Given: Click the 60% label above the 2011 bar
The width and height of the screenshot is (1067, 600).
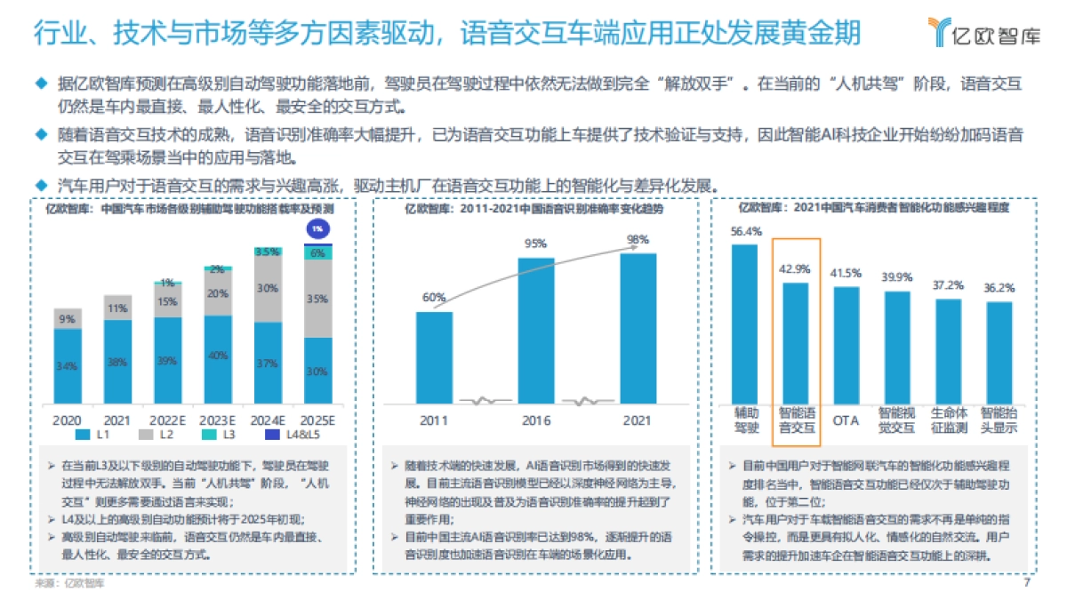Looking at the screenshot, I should (x=434, y=298).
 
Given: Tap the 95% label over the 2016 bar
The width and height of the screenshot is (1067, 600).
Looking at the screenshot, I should (x=536, y=244).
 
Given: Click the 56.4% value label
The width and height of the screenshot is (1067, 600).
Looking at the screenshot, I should (x=745, y=231).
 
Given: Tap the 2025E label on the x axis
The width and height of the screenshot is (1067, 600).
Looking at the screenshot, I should (x=317, y=419).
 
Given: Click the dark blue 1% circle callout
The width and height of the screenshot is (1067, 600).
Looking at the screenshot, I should (x=317, y=228).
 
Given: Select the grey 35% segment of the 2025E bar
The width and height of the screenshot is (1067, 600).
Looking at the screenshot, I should (x=317, y=299).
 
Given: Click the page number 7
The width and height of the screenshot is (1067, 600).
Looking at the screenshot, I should (x=1027, y=584).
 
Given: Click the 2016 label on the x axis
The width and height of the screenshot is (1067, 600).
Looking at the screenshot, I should (x=535, y=419).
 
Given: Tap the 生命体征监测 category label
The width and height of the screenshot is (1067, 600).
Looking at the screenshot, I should (x=948, y=420).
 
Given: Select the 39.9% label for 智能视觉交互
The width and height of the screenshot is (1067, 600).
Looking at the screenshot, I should (x=897, y=277).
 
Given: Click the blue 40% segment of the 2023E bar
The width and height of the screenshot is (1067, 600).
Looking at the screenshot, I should (x=217, y=356).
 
